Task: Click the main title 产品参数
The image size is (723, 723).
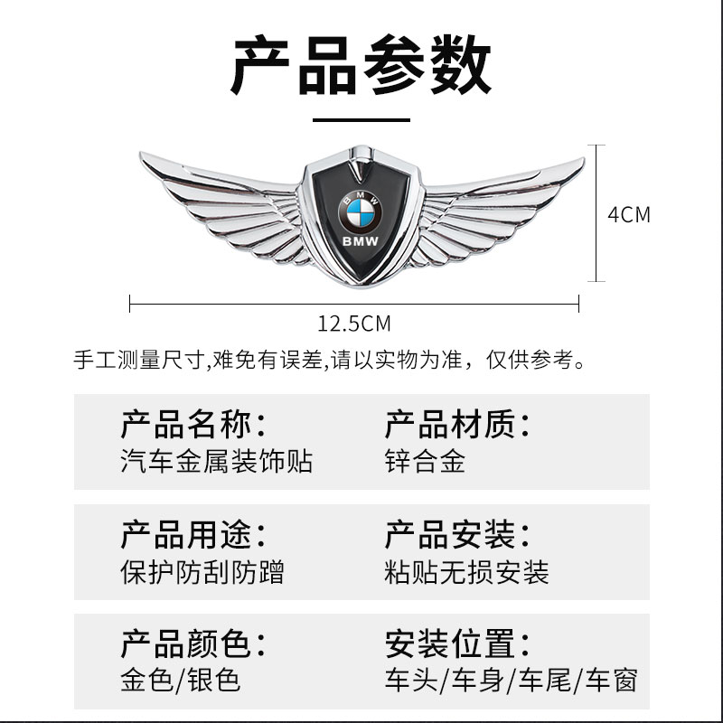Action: [x=361, y=68]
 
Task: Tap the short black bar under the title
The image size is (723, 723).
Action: [x=361, y=119]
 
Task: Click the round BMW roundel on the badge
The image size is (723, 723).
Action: [x=361, y=210]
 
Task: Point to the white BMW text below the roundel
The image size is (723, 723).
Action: [x=361, y=242]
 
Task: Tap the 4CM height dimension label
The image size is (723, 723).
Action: [x=628, y=215]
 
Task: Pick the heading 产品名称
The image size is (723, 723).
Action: [x=193, y=423]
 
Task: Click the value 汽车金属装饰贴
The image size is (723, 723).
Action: [x=216, y=462]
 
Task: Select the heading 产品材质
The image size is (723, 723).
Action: [x=457, y=423]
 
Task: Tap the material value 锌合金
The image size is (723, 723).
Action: [x=425, y=462]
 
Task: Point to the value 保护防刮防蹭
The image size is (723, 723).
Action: [x=202, y=572]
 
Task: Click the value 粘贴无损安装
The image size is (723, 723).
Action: [x=466, y=572]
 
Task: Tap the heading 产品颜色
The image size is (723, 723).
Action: [x=193, y=643]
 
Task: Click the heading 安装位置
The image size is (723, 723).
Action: [x=457, y=643]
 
